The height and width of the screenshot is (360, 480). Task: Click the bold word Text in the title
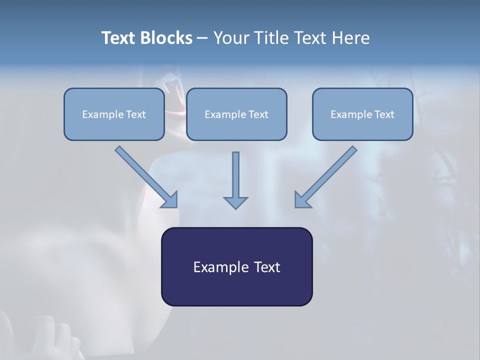click(x=118, y=38)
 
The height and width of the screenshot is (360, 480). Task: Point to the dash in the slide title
click(x=202, y=38)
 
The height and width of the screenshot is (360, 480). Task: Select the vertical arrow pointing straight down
click(x=235, y=175)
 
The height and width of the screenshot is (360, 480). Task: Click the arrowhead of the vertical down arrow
click(x=235, y=202)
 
